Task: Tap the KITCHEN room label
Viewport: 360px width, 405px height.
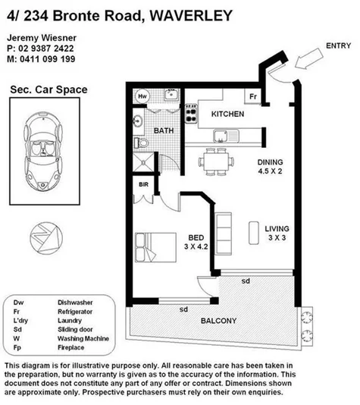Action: (x=227, y=115)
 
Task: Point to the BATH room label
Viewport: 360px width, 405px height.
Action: (x=164, y=131)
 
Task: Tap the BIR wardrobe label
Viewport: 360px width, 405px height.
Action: (x=144, y=184)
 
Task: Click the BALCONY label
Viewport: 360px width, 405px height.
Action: (x=218, y=321)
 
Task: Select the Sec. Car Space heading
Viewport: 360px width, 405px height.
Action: (x=48, y=89)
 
